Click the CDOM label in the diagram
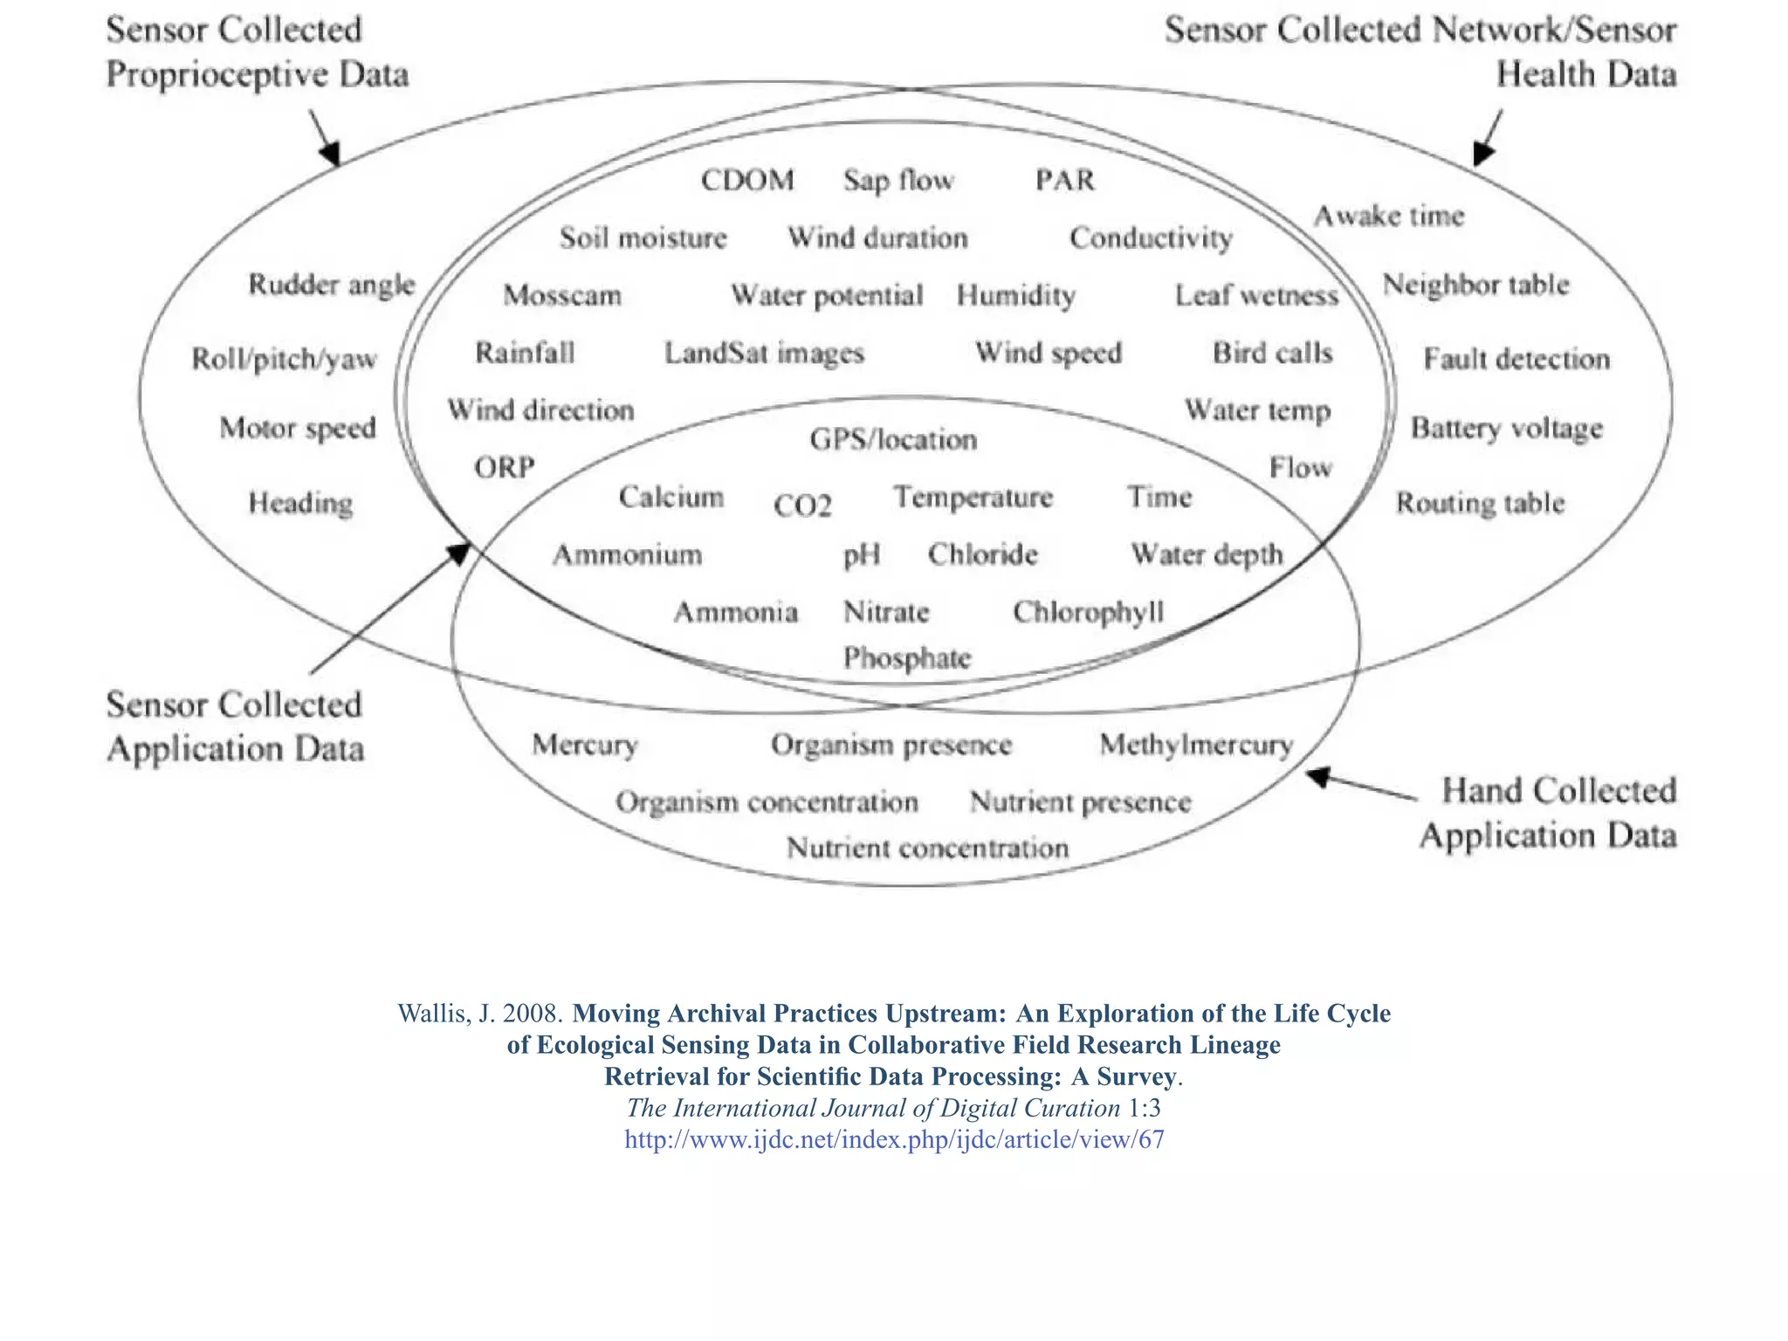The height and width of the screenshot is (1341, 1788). click(x=747, y=180)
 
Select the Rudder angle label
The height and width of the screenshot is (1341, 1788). click(x=332, y=285)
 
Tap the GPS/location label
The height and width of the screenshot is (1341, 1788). click(x=893, y=438)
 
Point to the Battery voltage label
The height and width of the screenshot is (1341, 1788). click(x=1507, y=428)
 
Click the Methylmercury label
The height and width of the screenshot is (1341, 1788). click(x=1196, y=744)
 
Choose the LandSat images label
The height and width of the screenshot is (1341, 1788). click(x=764, y=353)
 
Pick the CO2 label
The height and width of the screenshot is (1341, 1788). click(x=802, y=505)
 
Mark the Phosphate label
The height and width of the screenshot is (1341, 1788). click(x=907, y=657)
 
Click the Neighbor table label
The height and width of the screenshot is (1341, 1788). click(x=1475, y=285)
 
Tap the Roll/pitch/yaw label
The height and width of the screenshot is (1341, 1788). click(x=284, y=359)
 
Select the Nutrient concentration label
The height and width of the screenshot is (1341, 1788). click(x=927, y=848)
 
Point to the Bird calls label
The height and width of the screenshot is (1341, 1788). click(x=1272, y=353)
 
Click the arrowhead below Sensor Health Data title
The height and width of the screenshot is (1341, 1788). click(x=1482, y=154)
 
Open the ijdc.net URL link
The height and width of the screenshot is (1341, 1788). click(x=894, y=1139)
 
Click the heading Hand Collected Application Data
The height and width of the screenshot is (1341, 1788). click(x=1549, y=813)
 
